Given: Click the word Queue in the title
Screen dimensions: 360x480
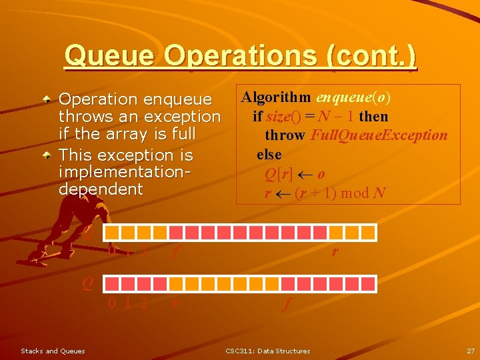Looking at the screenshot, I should pyautogui.click(x=110, y=56).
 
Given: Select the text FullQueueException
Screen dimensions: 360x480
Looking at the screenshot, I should pyautogui.click(x=379, y=135).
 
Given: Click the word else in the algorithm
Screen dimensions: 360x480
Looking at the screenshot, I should pyautogui.click(x=269, y=155).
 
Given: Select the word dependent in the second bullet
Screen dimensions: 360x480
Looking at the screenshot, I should pyautogui.click(x=101, y=189).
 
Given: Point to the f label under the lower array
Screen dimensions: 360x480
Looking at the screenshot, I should pyautogui.click(x=287, y=305).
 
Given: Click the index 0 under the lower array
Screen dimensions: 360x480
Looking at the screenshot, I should pyautogui.click(x=112, y=303).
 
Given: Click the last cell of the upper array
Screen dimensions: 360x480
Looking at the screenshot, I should pyautogui.click(x=369, y=233).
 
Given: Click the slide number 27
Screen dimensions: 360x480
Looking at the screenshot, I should pyautogui.click(x=471, y=351).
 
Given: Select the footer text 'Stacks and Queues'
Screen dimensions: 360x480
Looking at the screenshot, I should pyautogui.click(x=53, y=351).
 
